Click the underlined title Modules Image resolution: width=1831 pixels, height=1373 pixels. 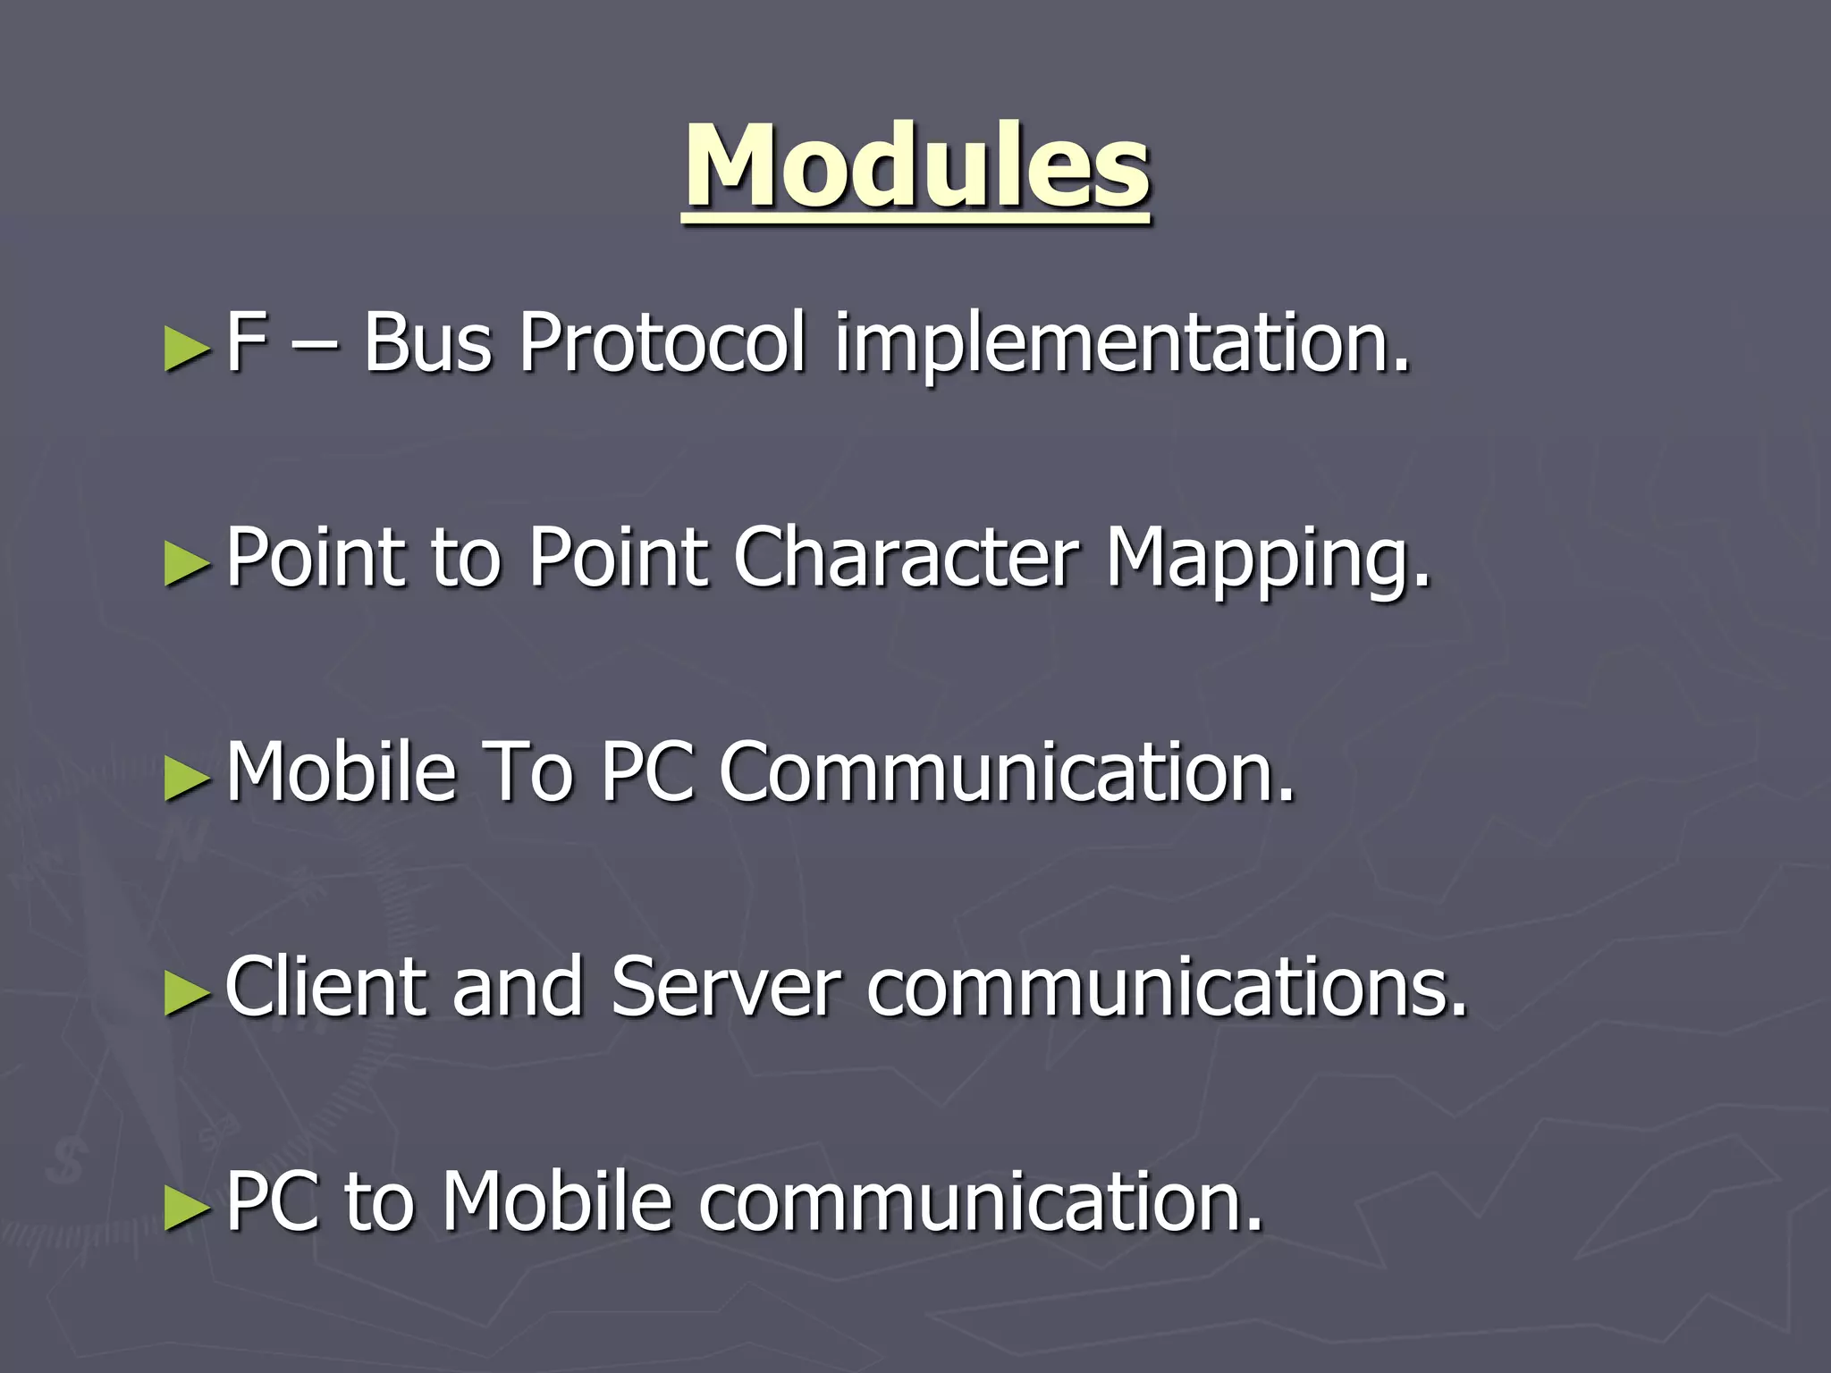(x=917, y=167)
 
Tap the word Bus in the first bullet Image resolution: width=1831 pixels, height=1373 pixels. (x=427, y=342)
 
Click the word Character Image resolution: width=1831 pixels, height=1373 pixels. (x=907, y=558)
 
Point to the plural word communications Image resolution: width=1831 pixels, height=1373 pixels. (x=1166, y=987)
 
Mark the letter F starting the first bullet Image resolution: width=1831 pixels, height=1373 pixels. (x=245, y=342)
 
